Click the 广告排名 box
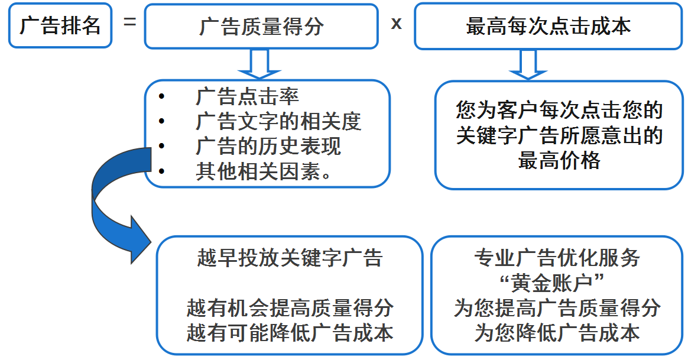[x=60, y=25]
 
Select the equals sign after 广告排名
[x=130, y=21]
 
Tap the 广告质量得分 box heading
[x=261, y=27]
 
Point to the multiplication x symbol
[x=396, y=24]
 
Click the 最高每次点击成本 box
[x=549, y=27]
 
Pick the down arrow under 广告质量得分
[x=259, y=64]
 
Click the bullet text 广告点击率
[x=247, y=96]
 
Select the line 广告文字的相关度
[x=278, y=122]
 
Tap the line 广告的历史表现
[x=268, y=146]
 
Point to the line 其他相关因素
[x=263, y=171]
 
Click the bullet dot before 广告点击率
[x=161, y=96]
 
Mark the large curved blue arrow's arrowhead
[x=138, y=240]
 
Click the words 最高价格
[x=559, y=160]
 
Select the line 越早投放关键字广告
[x=290, y=258]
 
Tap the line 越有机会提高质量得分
[x=290, y=308]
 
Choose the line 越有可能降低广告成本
[x=290, y=333]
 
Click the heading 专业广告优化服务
[x=557, y=258]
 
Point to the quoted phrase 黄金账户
[x=552, y=283]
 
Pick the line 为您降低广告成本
[x=557, y=333]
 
